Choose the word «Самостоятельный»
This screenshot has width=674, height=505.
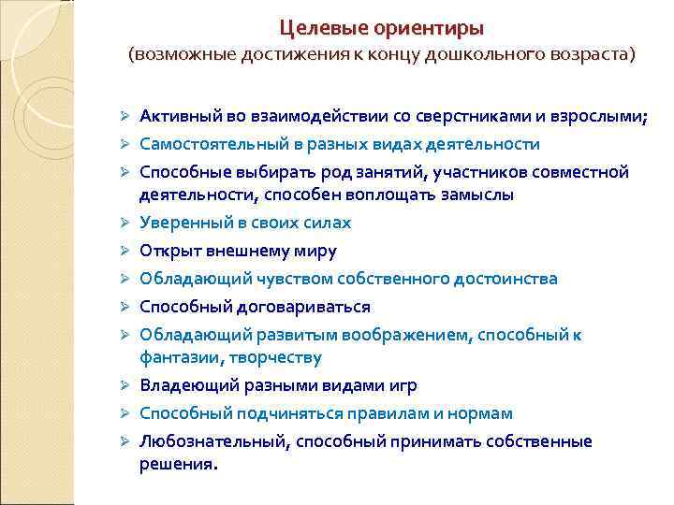[x=214, y=145]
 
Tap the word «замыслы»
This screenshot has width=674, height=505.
[x=476, y=195]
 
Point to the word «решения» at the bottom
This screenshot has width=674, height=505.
[x=176, y=464]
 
